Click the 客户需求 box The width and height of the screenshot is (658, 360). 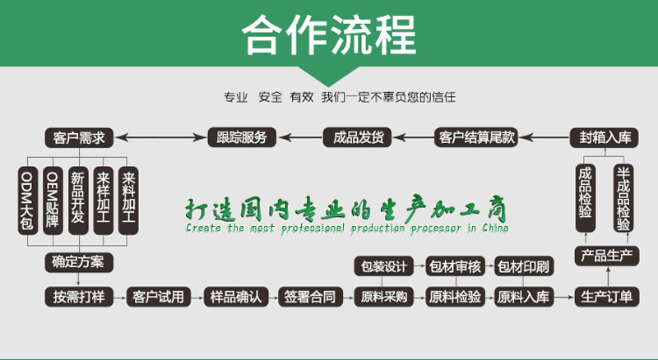(79, 137)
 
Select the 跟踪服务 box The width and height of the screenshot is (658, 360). (242, 137)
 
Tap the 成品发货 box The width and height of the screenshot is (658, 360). (357, 137)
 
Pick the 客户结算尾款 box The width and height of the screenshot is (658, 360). (476, 137)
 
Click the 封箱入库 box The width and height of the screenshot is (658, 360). (605, 137)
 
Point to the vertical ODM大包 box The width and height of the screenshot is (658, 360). (28, 201)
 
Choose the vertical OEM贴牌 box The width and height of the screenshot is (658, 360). (53, 201)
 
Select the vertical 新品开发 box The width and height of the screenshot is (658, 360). (78, 201)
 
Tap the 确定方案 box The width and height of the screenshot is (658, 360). (79, 262)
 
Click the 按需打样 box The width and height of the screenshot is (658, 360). (79, 297)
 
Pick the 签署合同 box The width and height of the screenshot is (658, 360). (310, 297)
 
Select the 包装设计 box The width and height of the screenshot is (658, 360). (384, 266)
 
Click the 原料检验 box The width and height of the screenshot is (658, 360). (456, 297)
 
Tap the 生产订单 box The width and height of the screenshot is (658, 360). (607, 297)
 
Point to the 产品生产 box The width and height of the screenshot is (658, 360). (607, 256)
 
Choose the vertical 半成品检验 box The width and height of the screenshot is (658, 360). (623, 198)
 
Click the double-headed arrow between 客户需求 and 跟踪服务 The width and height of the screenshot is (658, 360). (160, 137)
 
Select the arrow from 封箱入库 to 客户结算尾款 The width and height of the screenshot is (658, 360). (544, 137)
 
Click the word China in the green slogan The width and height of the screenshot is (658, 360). (495, 228)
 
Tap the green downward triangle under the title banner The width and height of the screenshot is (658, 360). (328, 75)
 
